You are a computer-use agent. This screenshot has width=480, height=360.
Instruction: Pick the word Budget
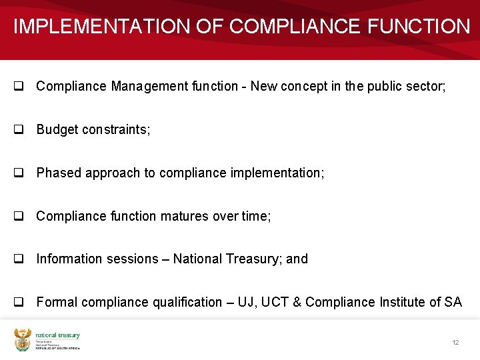click(x=57, y=129)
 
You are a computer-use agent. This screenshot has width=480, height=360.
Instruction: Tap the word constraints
click(x=116, y=129)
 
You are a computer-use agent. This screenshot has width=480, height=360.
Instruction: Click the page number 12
click(x=455, y=342)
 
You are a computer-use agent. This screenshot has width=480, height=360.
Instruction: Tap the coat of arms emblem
click(x=23, y=340)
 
